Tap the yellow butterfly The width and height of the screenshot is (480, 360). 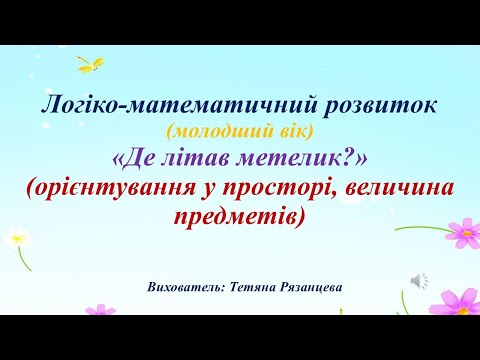[x=93, y=65]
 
